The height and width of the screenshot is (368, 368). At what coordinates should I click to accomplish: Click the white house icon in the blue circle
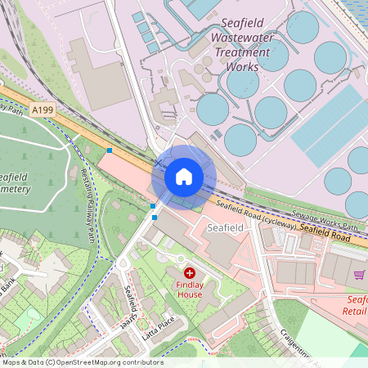[x=184, y=177]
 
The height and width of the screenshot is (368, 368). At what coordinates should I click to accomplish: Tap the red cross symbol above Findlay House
[x=190, y=272]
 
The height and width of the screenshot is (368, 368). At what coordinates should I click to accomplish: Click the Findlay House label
[x=189, y=289]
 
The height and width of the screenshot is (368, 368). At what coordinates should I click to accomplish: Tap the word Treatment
[x=242, y=52]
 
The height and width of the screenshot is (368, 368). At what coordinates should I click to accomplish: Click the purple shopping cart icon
[x=359, y=275]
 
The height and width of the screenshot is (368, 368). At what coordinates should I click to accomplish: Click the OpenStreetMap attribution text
[x=82, y=362]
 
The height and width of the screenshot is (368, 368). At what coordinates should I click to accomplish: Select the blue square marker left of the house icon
[x=110, y=150]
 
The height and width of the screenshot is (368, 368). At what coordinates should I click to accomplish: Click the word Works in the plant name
[x=244, y=66]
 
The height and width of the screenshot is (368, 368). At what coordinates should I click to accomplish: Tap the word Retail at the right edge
[x=357, y=311]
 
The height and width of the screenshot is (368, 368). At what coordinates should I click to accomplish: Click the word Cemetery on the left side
[x=15, y=189]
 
